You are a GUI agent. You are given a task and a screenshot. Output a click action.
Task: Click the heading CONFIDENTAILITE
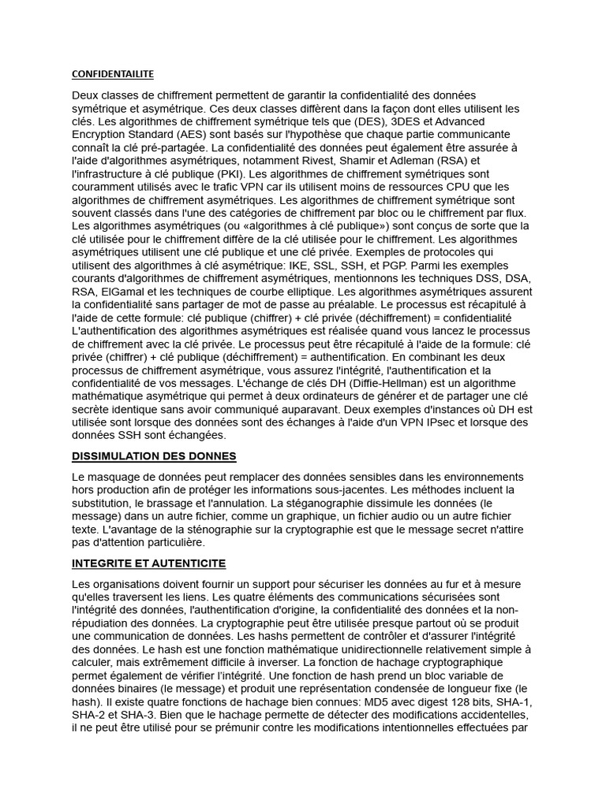click(113, 74)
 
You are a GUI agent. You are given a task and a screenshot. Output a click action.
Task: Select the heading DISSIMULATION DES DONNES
click(154, 456)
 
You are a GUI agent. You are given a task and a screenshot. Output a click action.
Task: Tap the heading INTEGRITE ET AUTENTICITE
click(148, 563)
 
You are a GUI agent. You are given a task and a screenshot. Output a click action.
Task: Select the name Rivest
click(290, 161)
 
